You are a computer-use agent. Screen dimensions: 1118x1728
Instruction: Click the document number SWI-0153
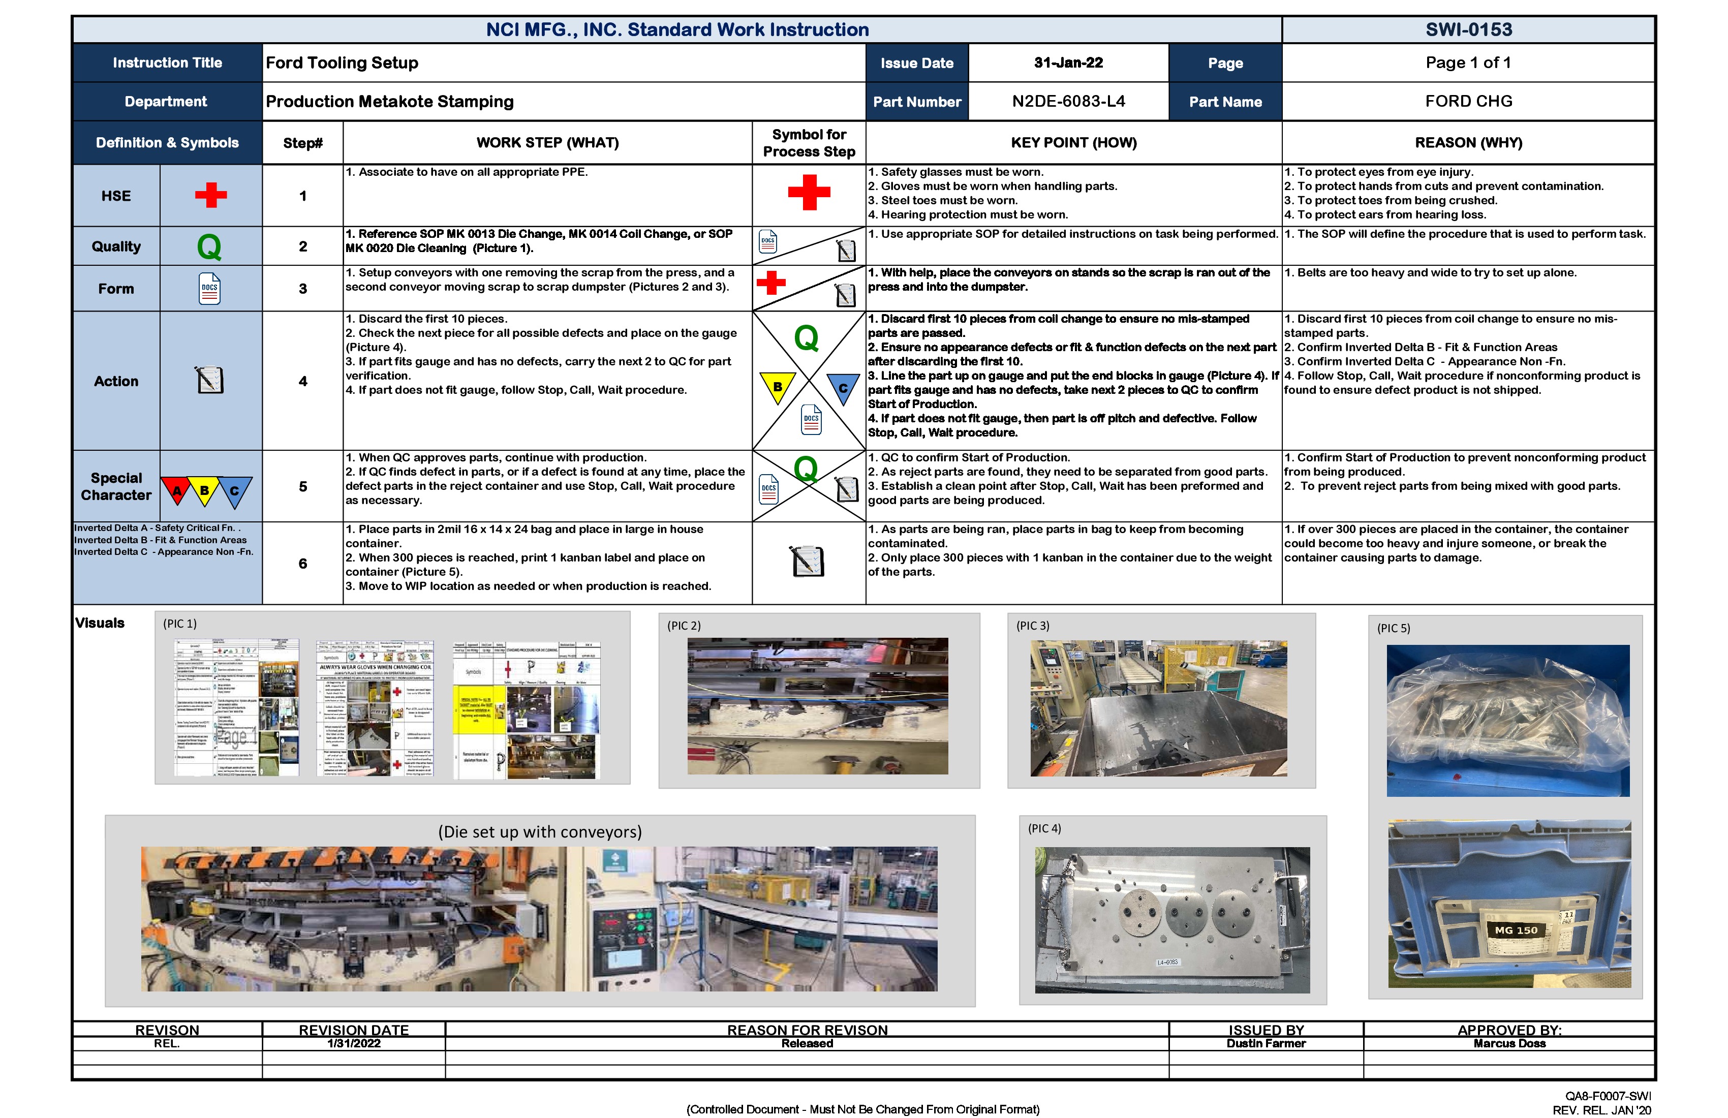(1468, 30)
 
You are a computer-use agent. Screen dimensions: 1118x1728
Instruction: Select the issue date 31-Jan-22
(1068, 63)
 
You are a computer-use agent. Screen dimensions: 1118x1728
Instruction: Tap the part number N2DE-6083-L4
(1068, 102)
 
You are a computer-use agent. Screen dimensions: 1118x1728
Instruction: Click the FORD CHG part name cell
(1468, 102)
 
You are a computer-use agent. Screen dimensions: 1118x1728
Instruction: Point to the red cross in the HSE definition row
(210, 195)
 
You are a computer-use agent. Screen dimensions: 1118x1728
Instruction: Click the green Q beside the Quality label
(209, 247)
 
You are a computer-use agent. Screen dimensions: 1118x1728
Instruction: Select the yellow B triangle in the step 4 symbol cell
(777, 387)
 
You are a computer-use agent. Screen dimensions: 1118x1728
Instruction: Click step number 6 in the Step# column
(303, 564)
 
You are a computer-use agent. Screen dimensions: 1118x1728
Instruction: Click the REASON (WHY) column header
(1468, 143)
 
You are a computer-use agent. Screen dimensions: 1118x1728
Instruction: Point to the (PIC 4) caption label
(1044, 828)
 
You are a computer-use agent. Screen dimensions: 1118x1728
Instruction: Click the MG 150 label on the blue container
(1515, 930)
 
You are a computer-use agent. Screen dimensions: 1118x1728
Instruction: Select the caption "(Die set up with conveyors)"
(539, 832)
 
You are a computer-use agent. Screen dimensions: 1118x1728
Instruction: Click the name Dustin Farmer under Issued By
(1266, 1043)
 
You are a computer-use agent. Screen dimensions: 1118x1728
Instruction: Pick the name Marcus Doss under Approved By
(1509, 1043)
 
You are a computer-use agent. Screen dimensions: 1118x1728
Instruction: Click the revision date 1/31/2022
(354, 1043)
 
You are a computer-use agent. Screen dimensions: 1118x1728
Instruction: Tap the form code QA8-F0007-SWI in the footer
(1608, 1096)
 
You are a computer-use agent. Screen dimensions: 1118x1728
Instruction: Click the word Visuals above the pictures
(100, 623)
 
